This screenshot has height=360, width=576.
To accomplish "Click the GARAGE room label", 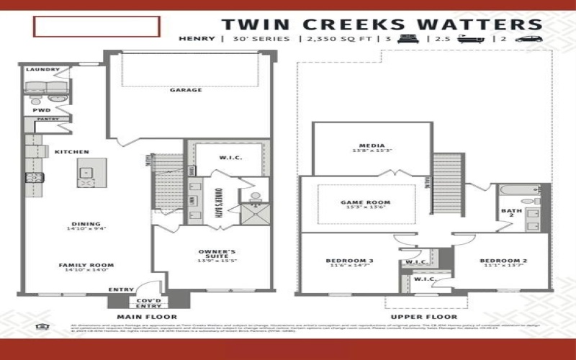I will [x=185, y=90].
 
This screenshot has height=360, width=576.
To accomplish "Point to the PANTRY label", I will [x=48, y=119].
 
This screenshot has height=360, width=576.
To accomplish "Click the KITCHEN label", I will [x=71, y=152].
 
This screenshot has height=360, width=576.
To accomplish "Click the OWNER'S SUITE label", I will [x=217, y=254].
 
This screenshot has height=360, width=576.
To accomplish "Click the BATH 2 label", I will [x=507, y=214].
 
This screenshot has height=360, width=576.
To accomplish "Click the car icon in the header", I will [x=529, y=39].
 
